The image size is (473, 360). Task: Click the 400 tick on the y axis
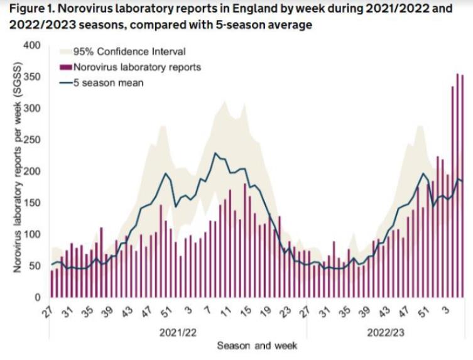33,46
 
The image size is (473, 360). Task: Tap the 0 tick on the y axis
38,297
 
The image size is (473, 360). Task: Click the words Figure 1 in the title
26,9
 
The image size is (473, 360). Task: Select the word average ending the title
288,25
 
